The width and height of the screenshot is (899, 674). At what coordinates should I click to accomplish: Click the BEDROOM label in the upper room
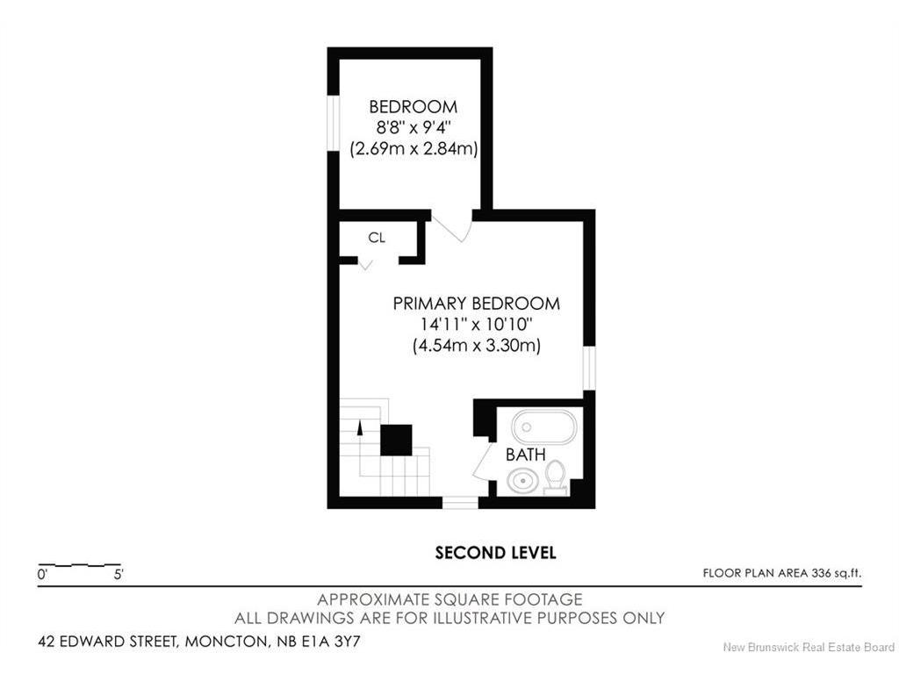coord(413,106)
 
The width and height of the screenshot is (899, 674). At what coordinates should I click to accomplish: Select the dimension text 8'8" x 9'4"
coord(414,127)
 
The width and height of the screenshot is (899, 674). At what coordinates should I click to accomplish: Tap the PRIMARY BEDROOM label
coord(476,303)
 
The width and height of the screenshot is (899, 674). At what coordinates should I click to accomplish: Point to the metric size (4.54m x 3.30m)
coord(477,346)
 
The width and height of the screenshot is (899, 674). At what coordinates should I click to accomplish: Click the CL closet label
coord(377,237)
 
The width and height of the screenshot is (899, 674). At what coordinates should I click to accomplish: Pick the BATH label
coord(525,455)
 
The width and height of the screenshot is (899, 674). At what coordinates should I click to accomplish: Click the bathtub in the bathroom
coord(543,427)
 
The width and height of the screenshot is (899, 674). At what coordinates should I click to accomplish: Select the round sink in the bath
coord(522,479)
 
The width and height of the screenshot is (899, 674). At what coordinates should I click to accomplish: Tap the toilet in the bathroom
coord(555,478)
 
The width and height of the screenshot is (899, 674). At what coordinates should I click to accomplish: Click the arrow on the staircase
coord(360,428)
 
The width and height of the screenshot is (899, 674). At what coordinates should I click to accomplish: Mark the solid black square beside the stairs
coord(396,441)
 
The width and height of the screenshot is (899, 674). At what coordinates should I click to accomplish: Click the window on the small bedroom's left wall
coord(333,123)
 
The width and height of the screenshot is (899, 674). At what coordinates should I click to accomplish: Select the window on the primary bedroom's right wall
coord(589,368)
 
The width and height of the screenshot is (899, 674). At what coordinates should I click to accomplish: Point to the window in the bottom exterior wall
coord(460,503)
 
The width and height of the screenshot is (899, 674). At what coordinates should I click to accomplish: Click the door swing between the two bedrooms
coord(452,227)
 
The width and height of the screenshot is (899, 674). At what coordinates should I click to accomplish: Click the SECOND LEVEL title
coord(495,553)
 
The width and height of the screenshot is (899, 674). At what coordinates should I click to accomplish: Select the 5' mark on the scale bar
coord(119,574)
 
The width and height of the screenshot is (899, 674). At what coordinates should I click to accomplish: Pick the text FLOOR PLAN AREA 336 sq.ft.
coord(782,572)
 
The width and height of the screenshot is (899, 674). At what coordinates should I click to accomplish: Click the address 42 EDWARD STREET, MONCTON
coord(153,642)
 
